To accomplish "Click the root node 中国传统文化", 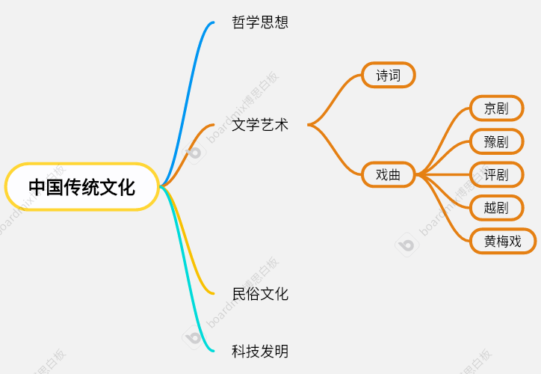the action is pos(82,186).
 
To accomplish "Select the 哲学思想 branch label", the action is pos(260,22).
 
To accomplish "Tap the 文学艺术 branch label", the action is pos(260,125).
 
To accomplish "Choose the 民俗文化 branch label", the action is pos(260,294).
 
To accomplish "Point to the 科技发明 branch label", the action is pos(260,351).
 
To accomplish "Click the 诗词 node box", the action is pos(388,75).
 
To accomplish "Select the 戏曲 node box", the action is pos(388,175).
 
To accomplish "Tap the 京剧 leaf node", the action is pos(496,108).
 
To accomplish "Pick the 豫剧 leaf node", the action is pos(496,141).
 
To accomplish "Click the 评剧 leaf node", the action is pos(496,175).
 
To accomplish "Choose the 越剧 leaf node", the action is pos(496,208).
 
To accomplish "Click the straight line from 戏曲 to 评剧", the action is pos(445,175).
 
